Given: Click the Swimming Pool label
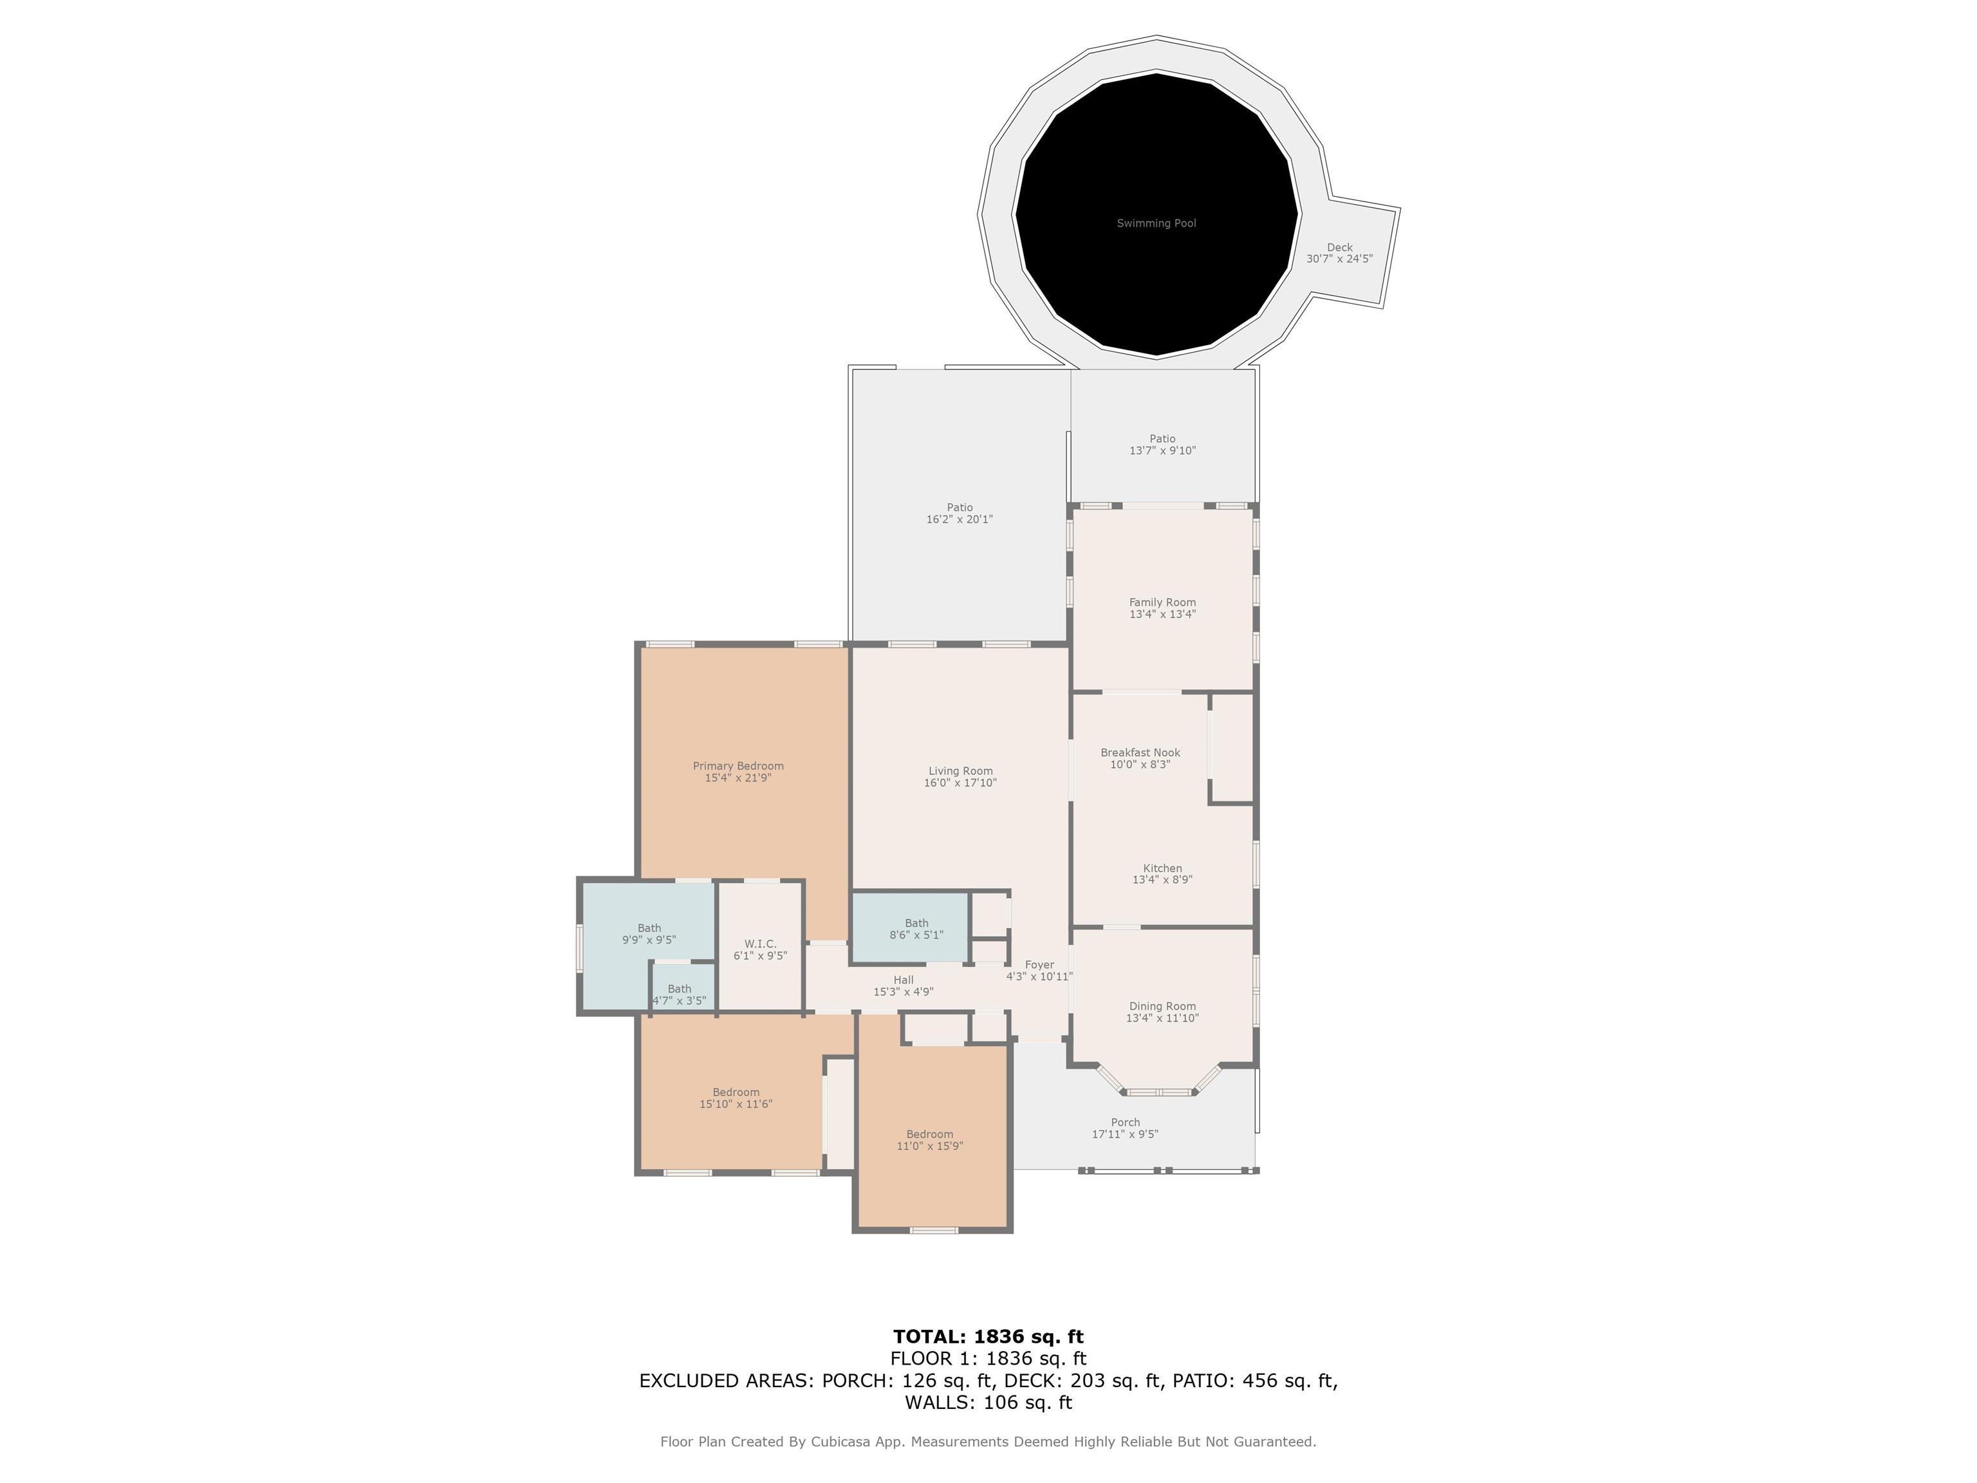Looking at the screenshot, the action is [x=1156, y=223].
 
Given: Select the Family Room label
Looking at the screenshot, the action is [x=1162, y=602].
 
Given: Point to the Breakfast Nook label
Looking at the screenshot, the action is [x=1140, y=752].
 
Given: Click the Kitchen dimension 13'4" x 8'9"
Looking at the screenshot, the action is [x=1162, y=880].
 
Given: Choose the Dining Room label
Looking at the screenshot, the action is [x=1162, y=1007].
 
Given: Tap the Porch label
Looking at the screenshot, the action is [x=1125, y=1123].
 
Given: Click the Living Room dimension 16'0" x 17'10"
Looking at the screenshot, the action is [x=960, y=783].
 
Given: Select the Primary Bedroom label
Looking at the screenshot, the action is [x=738, y=766].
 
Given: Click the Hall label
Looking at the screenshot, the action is [x=904, y=980].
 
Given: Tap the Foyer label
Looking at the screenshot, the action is [x=1039, y=965].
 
